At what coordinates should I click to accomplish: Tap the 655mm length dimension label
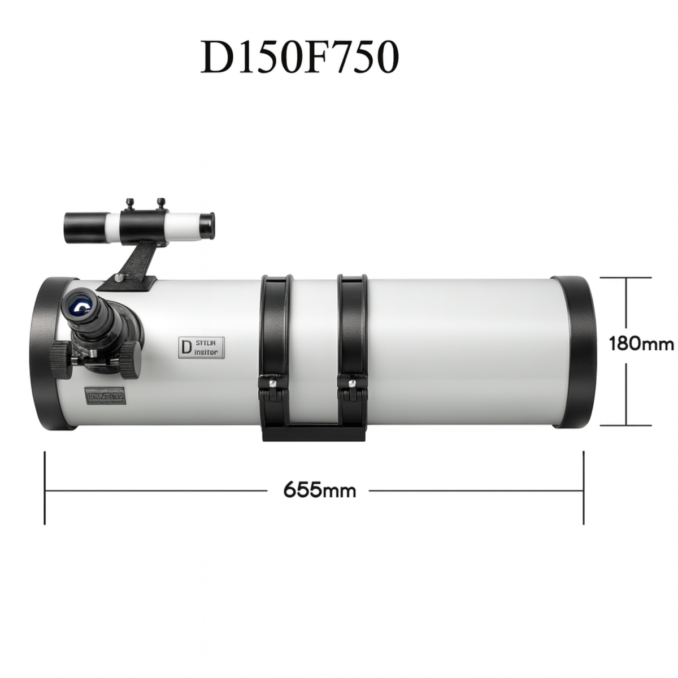[319, 489]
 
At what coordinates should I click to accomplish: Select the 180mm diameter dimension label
[641, 344]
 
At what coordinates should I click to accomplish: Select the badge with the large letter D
[201, 347]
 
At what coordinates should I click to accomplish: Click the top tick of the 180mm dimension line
[626, 279]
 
